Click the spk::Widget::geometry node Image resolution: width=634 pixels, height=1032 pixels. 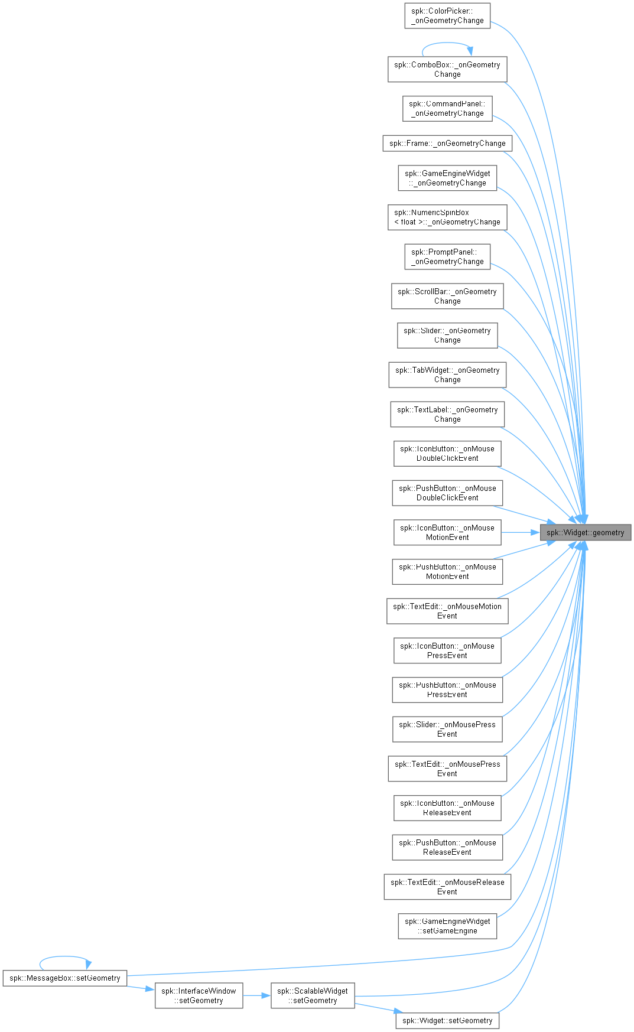point(586,532)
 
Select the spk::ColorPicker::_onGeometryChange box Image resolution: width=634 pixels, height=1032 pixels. point(447,15)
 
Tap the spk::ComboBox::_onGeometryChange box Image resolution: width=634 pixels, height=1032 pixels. point(447,69)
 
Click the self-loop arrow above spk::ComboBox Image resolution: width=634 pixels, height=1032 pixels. point(447,43)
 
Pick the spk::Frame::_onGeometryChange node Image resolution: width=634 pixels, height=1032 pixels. point(447,143)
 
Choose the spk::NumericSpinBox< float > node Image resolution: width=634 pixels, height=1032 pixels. point(447,217)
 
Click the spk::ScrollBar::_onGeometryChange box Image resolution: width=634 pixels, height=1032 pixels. point(447,296)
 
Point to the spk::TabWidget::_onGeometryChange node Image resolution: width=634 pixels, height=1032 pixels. point(447,375)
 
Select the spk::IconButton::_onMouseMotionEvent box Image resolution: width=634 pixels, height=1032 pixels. point(447,532)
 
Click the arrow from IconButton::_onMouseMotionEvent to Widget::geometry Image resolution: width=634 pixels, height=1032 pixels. point(521,532)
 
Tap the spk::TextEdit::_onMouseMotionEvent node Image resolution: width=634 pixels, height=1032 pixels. point(447,611)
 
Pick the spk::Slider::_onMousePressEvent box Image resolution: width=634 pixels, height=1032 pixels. point(447,729)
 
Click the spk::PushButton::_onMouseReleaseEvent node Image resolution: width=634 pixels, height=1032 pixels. point(447,847)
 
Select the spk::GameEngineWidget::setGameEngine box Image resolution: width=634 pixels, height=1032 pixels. point(447,926)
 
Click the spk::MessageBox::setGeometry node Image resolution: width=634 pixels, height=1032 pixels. point(65,978)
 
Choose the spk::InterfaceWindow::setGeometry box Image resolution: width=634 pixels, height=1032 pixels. point(199,995)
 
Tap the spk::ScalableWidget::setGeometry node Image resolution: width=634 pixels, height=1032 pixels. point(313,995)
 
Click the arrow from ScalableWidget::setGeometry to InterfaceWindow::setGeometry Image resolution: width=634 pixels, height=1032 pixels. point(256,995)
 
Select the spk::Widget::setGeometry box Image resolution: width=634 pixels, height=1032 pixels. point(447,1020)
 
